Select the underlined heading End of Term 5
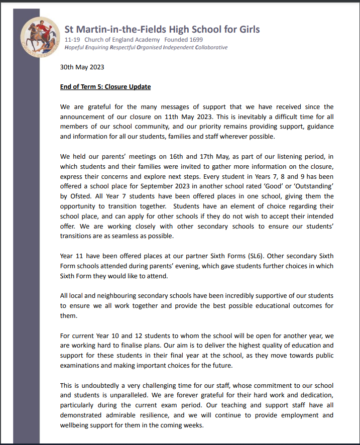pos(105,86)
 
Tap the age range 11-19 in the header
pos(72,40)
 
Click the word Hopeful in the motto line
pos(76,48)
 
